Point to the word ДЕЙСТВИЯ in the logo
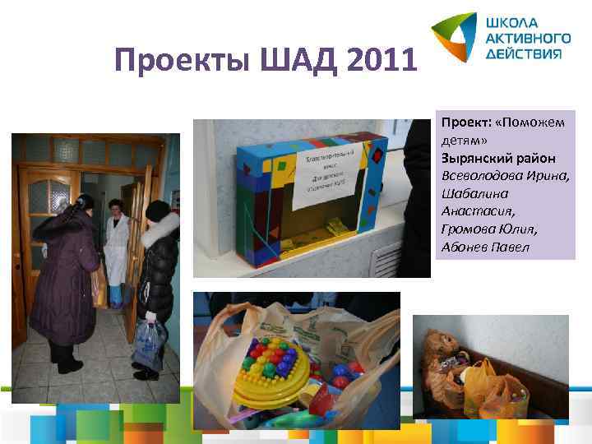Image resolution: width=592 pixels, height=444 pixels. pos(525,53)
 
